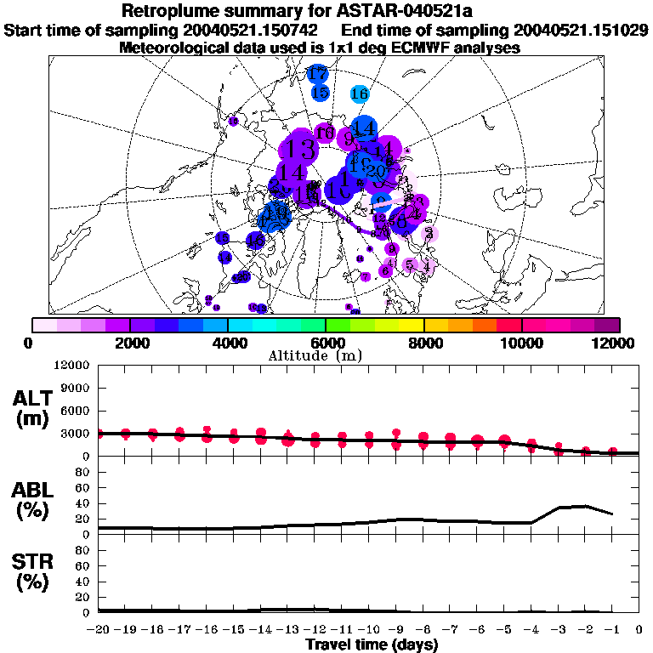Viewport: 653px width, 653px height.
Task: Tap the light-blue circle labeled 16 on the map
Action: tap(359, 94)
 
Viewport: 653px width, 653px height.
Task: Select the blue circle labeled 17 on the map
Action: tap(317, 74)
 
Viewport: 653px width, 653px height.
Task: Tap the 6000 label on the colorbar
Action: tap(326, 343)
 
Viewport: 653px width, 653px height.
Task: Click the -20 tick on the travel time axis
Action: tap(99, 629)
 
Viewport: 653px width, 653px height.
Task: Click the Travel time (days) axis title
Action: tap(372, 644)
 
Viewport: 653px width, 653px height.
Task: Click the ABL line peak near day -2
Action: tap(587, 506)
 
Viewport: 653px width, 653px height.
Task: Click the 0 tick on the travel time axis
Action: tap(639, 629)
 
